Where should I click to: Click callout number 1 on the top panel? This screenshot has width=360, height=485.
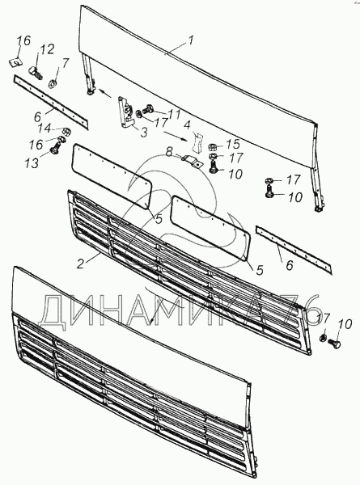pyautogui.click(x=190, y=41)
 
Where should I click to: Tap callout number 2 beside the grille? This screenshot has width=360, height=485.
pyautogui.click(x=80, y=264)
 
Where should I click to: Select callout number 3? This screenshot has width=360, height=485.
pyautogui.click(x=144, y=133)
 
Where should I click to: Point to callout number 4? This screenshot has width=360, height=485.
pyautogui.click(x=187, y=126)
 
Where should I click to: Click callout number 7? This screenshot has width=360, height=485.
pyautogui.click(x=65, y=64)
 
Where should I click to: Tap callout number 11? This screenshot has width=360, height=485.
pyautogui.click(x=174, y=115)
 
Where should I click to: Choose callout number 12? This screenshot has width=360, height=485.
pyautogui.click(x=47, y=49)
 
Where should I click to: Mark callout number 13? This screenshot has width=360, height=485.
pyautogui.click(x=32, y=162)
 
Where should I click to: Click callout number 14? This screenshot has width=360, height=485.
pyautogui.click(x=44, y=128)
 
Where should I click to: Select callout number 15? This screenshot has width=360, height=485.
pyautogui.click(x=232, y=144)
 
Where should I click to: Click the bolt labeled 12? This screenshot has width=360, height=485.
pyautogui.click(x=36, y=73)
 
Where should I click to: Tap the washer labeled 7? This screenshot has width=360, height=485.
pyautogui.click(x=53, y=83)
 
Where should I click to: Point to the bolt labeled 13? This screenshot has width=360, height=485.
pyautogui.click(x=56, y=148)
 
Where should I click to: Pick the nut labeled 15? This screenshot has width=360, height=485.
pyautogui.click(x=213, y=145)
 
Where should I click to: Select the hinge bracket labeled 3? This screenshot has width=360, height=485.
pyautogui.click(x=126, y=112)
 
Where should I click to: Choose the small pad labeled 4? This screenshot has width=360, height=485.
pyautogui.click(x=197, y=142)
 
